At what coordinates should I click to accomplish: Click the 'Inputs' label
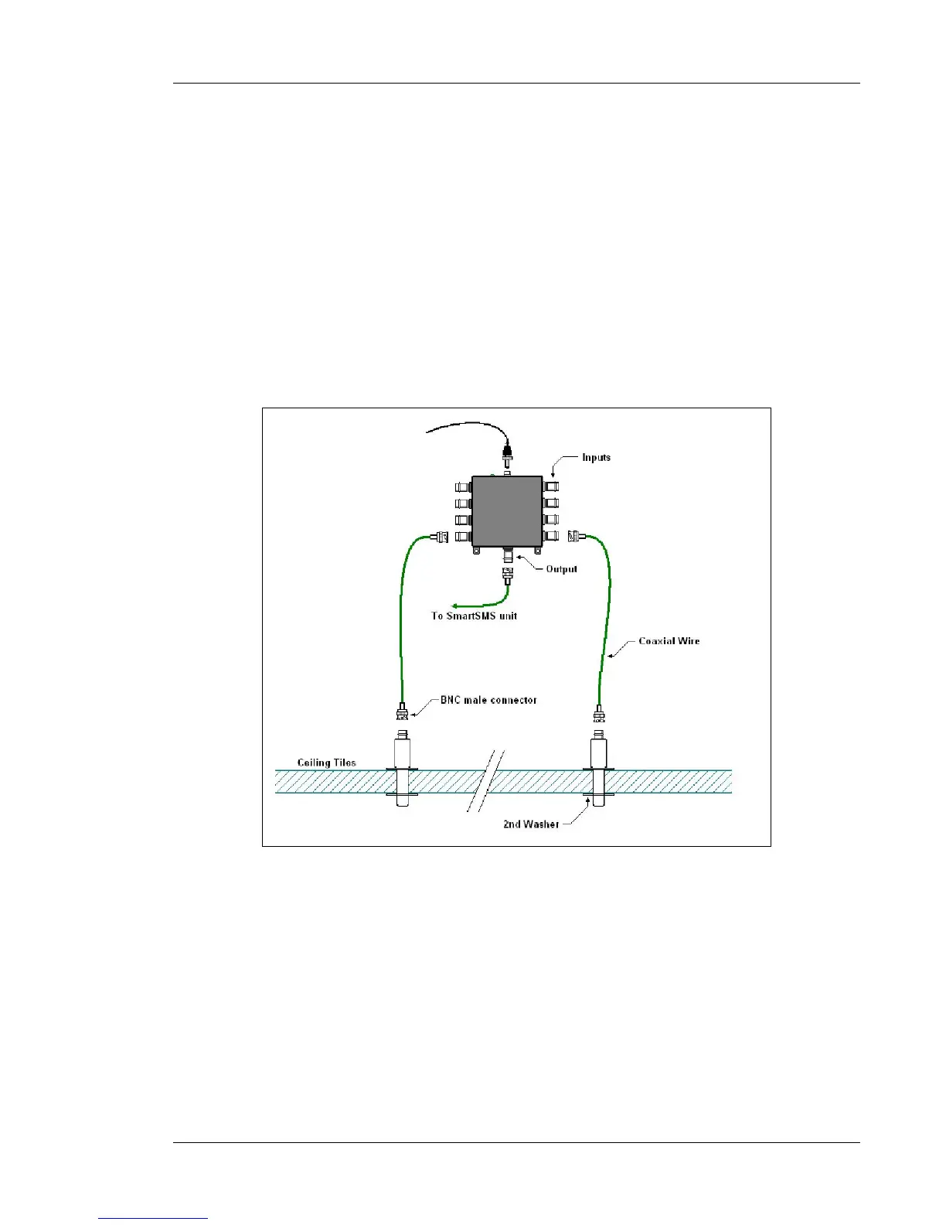click(596, 458)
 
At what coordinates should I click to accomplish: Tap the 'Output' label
click(562, 569)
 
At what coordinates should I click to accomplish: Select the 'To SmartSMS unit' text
click(474, 616)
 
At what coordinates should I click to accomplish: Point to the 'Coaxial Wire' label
click(669, 641)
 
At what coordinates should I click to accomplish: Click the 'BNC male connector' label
click(488, 700)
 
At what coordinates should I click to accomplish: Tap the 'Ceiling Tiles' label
click(327, 763)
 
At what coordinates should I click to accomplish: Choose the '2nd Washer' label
click(531, 824)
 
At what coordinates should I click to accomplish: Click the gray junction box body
click(507, 511)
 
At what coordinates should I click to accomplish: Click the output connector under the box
click(508, 555)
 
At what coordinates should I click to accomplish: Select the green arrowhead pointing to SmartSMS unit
click(457, 606)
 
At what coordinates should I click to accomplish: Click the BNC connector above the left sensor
click(402, 710)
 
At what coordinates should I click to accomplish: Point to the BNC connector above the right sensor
click(599, 712)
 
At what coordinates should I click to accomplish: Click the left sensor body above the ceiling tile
click(402, 752)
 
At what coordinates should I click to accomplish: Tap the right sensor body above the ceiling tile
click(599, 752)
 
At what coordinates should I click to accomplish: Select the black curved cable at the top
click(464, 425)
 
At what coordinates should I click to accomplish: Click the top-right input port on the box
click(551, 487)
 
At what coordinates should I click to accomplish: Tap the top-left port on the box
click(462, 488)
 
